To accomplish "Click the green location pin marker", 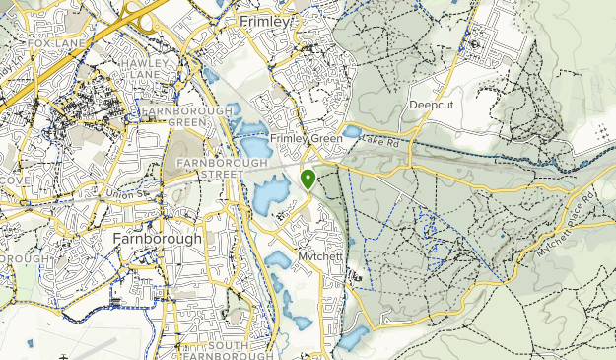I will click(308, 179).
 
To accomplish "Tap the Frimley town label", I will click(265, 21).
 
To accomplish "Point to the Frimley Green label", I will click(305, 139).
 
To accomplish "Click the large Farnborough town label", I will click(157, 239).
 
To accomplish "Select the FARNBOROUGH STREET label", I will click(209, 168).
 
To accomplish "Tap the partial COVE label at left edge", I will click(15, 180).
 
